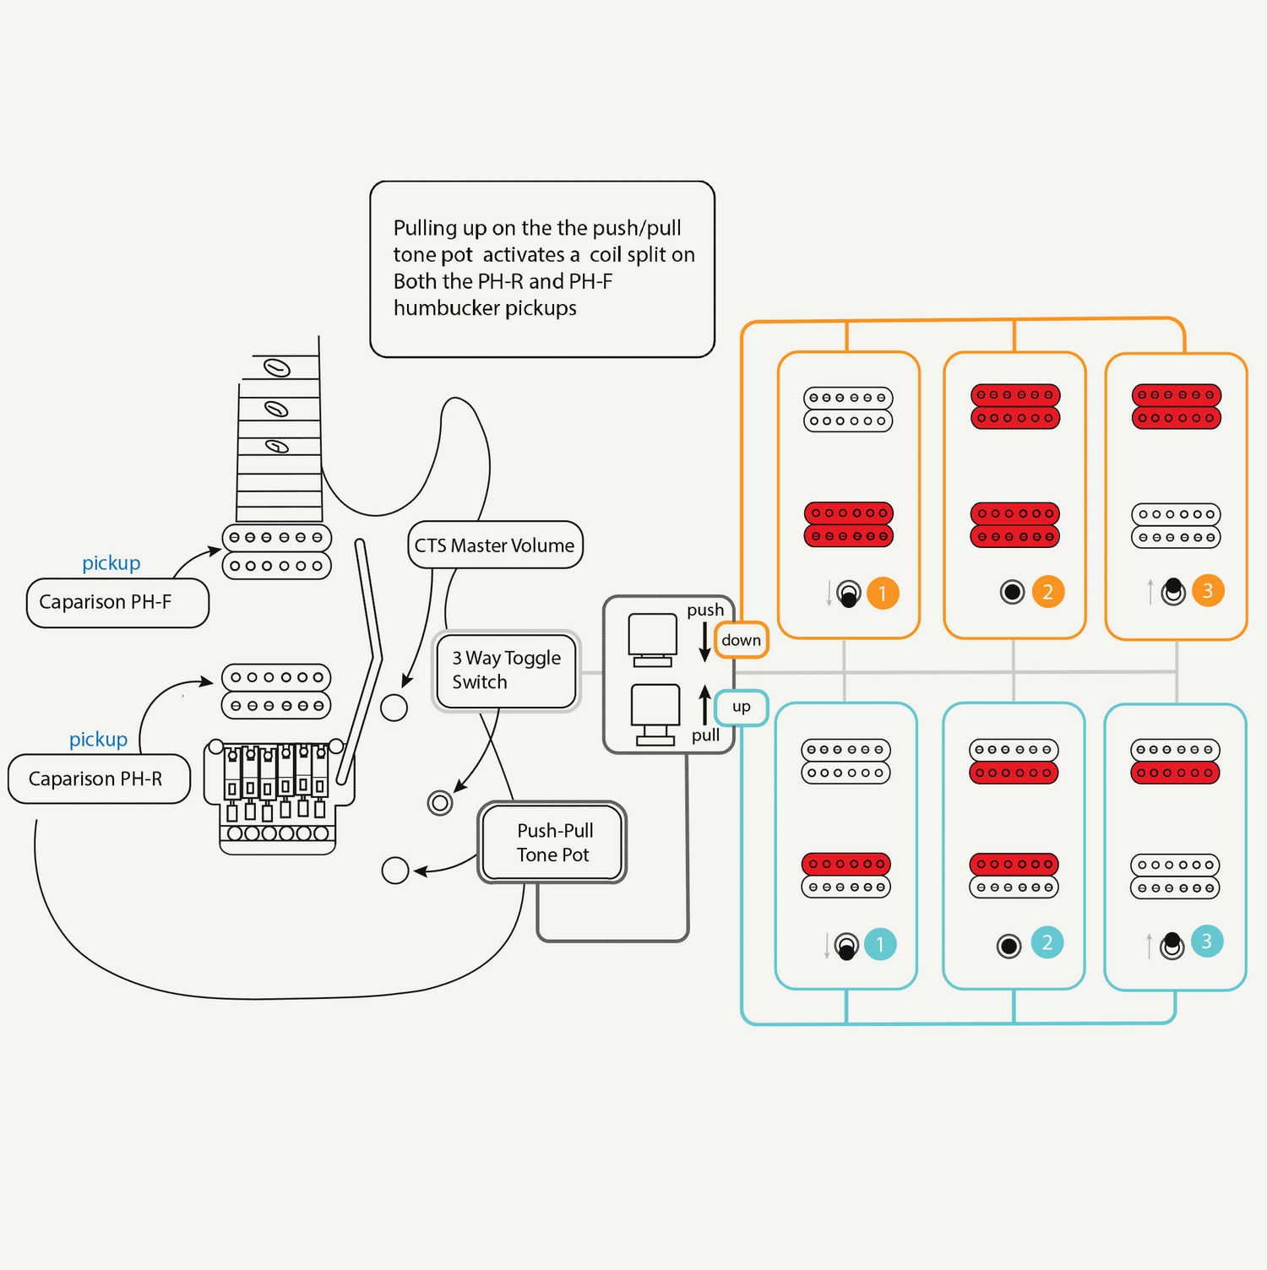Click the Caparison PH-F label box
point(117,602)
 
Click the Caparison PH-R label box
point(99,779)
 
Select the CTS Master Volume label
point(495,545)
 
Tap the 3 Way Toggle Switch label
point(506,670)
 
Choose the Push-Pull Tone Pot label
point(553,843)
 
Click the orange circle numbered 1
point(883,594)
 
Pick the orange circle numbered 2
point(1047,592)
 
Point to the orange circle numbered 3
point(1208,591)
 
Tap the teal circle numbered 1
point(879,944)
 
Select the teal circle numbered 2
point(1047,942)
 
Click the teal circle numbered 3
point(1207,942)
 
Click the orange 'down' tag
point(741,640)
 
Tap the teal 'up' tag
point(741,707)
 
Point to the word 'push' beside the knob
point(705,610)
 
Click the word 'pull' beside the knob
point(705,735)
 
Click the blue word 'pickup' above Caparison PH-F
point(111,563)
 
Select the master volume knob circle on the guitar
point(394,708)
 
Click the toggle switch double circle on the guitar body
point(440,802)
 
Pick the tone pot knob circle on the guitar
point(395,870)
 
